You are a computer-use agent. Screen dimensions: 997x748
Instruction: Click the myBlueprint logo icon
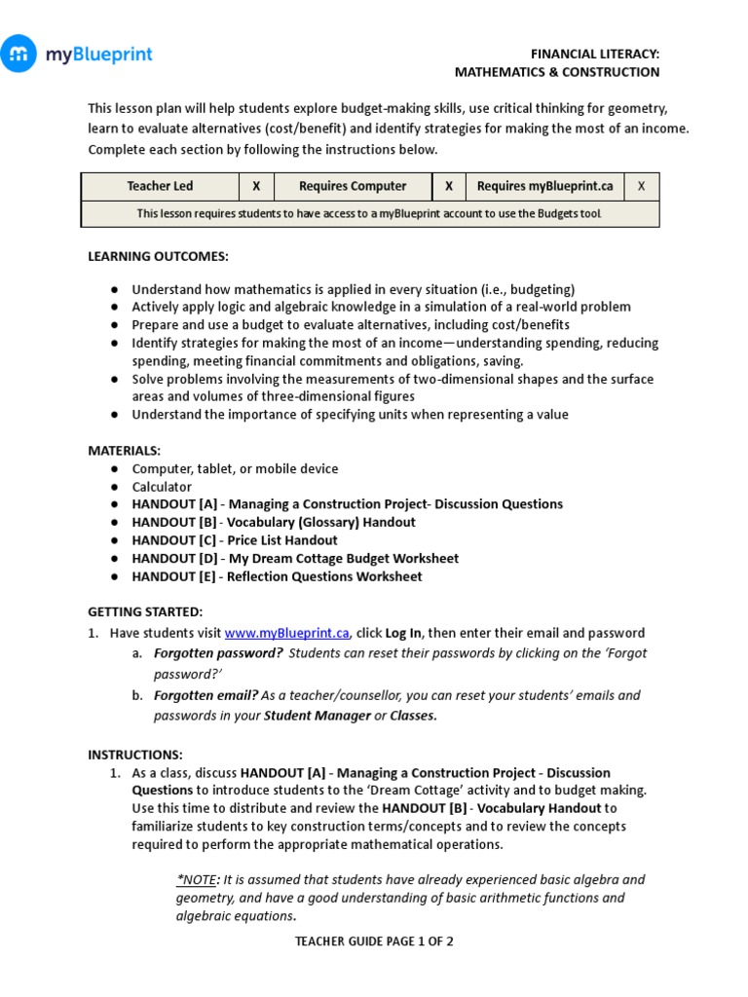[x=19, y=55]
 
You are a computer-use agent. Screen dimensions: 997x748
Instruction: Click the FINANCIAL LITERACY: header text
[x=594, y=55]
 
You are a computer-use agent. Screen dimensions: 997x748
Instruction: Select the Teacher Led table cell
[x=160, y=186]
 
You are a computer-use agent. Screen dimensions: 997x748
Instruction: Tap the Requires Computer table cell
[x=353, y=186]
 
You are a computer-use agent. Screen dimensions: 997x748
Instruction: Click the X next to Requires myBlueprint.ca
[x=641, y=186]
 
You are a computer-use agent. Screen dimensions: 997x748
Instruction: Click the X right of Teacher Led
[x=256, y=186]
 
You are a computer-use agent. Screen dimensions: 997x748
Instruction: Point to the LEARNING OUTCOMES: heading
[x=158, y=256]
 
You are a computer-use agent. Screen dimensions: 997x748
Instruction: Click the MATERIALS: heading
[x=125, y=451]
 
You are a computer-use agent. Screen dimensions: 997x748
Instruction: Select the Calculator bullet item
[x=162, y=487]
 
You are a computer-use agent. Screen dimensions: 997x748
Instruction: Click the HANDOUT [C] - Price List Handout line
[x=235, y=540]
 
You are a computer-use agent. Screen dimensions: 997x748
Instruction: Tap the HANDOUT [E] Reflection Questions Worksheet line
[x=277, y=576]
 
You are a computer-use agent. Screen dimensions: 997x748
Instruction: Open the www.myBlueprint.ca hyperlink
[x=287, y=633]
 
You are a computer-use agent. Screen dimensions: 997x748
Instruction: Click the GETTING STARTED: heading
[x=145, y=611]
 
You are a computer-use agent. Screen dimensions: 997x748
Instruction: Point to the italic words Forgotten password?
[x=218, y=653]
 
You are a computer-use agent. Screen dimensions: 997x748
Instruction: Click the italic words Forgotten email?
[x=206, y=695]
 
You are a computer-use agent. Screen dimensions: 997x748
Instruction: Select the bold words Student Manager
[x=318, y=716]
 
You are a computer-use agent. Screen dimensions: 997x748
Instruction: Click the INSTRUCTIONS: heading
[x=135, y=755]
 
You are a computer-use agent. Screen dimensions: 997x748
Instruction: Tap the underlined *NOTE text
[x=197, y=879]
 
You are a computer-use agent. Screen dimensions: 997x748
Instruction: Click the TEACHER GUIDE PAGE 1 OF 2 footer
[x=374, y=942]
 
